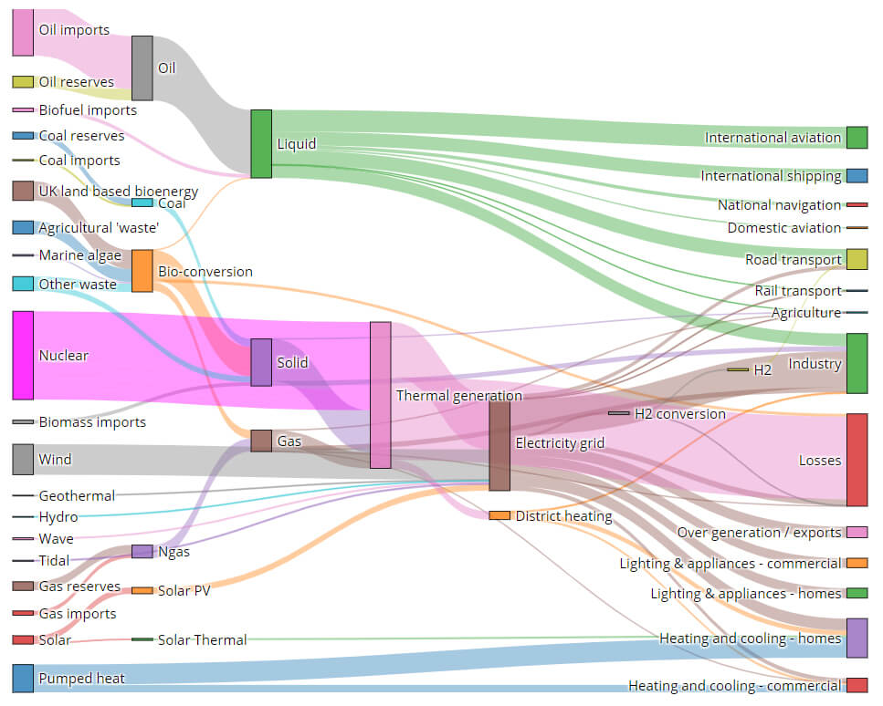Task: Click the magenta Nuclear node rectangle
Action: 23,356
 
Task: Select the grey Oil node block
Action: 142,68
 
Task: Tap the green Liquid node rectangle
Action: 261,144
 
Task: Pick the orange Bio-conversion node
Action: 142,271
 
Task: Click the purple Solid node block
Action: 261,362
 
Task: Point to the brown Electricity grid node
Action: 499,446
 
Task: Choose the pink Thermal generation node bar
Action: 381,395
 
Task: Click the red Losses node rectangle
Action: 857,460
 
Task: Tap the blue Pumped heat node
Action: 23,679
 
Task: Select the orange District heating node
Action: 499,515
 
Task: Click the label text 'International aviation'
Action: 773,138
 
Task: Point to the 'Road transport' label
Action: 794,259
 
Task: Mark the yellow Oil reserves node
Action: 23,82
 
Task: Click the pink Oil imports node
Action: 23,33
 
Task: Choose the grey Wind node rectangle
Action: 23,460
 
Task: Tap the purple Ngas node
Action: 142,551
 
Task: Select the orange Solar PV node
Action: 142,591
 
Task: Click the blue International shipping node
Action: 857,175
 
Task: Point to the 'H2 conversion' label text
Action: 680,414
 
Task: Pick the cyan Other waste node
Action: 23,284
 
